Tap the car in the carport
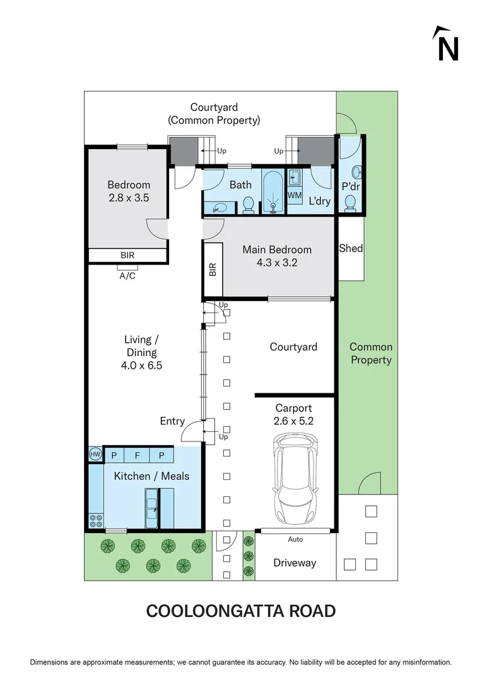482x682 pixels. [295, 474]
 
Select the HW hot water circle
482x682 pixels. [95, 454]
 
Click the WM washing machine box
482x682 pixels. [295, 195]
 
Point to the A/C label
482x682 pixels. [127, 276]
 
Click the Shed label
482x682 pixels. [351, 248]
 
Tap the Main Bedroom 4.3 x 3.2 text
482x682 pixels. [277, 256]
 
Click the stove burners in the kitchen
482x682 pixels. [96, 521]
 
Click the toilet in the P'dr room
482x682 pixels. [350, 203]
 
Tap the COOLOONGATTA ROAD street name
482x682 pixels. [240, 611]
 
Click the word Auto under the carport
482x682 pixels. [295, 539]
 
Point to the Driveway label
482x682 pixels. [295, 563]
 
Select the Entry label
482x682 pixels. [172, 421]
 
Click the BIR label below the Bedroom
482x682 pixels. [127, 256]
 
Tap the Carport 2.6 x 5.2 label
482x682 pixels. [293, 414]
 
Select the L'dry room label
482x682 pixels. [319, 202]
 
